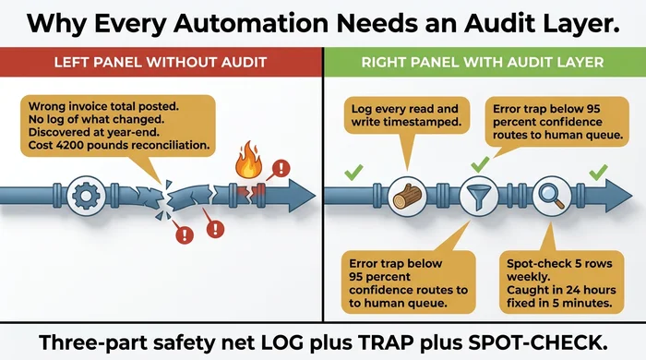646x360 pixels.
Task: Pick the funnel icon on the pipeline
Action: [x=479, y=196]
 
